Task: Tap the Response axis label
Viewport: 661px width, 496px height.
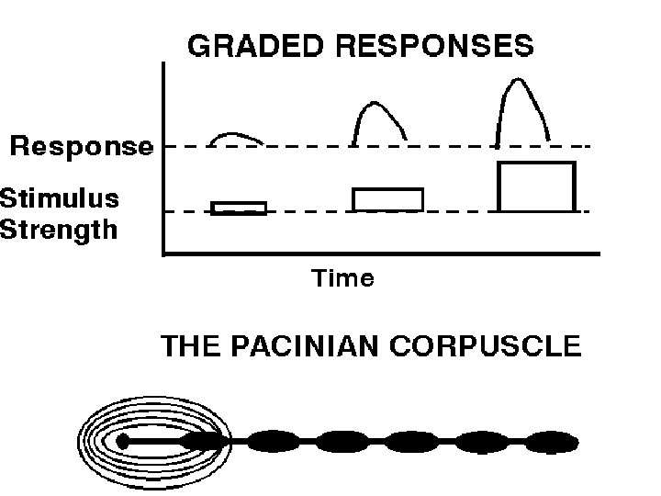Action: (82, 146)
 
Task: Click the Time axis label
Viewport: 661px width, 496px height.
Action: (343, 278)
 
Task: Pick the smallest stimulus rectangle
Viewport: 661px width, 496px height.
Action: (239, 208)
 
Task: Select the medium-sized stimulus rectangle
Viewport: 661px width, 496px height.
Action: (387, 199)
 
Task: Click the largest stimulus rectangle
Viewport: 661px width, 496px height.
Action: (535, 186)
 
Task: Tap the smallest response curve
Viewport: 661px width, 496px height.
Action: (236, 135)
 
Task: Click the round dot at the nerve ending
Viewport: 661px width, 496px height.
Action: (123, 442)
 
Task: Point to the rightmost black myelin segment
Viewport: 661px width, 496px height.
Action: (552, 442)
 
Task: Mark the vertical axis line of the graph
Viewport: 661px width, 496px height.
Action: (162, 156)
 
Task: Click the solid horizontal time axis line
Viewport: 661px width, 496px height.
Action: (381, 254)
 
